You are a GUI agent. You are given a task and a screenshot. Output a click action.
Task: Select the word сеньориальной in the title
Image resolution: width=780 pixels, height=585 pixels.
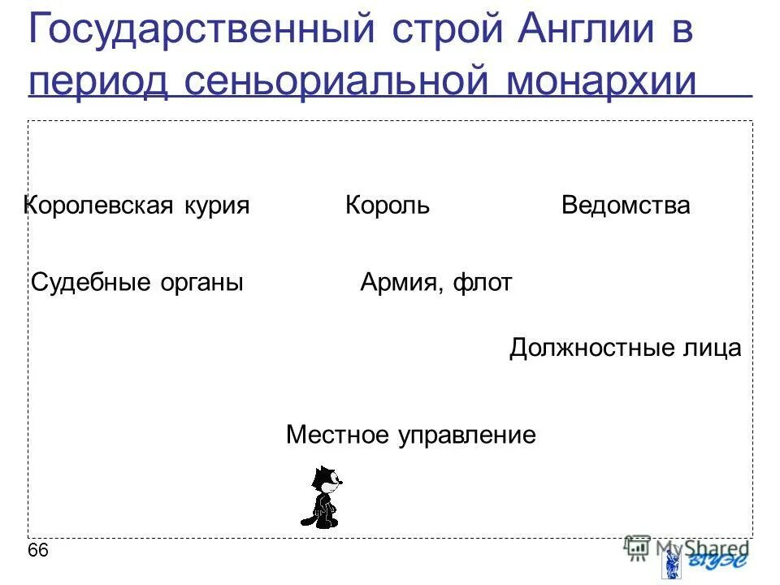337,82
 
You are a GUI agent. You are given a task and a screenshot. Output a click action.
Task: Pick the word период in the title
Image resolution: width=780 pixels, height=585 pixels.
97,82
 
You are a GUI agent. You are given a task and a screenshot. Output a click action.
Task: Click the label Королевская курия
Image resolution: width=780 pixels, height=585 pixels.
136,206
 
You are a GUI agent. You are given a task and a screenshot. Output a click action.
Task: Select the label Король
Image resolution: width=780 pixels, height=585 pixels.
388,206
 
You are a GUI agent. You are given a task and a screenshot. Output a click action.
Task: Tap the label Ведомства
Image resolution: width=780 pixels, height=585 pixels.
626,206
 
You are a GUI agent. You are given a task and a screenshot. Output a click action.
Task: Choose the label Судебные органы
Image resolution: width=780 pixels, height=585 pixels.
137,283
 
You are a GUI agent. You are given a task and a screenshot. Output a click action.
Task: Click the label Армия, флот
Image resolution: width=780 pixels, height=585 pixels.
436,283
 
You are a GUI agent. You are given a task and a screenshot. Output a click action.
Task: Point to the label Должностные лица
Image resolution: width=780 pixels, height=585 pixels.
626,349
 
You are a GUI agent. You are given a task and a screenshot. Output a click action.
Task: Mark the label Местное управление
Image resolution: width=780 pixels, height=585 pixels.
411,435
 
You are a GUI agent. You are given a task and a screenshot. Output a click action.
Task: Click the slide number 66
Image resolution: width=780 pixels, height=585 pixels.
38,551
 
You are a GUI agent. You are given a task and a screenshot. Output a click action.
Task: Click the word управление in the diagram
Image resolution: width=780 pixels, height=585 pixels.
466,435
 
